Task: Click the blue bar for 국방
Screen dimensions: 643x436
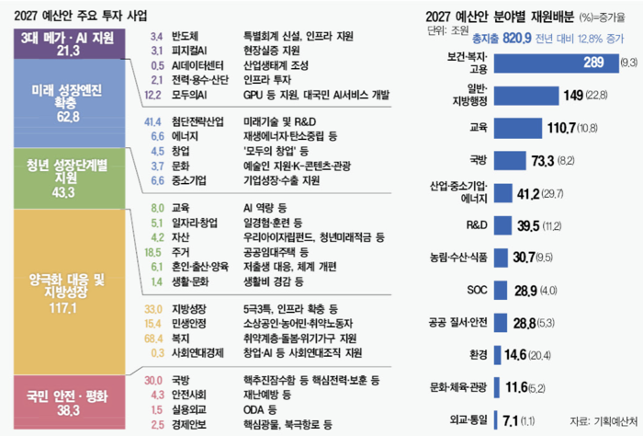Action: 510,161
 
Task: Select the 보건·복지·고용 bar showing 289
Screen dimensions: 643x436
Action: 556,63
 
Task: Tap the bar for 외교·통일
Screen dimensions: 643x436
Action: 495,420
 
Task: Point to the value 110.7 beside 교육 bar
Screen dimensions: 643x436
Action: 561,128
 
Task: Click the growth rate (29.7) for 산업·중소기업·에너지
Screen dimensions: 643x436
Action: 552,194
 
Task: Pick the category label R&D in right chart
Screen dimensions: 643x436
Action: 477,225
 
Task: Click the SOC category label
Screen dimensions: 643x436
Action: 477,290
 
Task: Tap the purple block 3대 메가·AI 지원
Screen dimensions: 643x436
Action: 69,44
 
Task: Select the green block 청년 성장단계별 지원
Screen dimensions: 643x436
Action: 69,178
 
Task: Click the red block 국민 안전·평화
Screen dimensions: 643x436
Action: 69,402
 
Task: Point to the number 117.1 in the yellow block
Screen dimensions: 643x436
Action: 63,308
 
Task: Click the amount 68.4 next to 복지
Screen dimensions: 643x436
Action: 153,338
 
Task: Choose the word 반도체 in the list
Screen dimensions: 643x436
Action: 185,36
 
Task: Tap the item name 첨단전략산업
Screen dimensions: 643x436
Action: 197,122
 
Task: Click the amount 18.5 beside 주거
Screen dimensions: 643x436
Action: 152,252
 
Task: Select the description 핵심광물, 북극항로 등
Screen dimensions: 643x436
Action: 288,425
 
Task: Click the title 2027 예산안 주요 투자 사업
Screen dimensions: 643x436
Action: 81,16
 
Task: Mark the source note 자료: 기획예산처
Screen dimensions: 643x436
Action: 604,420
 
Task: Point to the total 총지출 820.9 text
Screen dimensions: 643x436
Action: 502,39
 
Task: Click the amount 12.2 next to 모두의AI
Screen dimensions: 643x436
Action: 152,96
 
